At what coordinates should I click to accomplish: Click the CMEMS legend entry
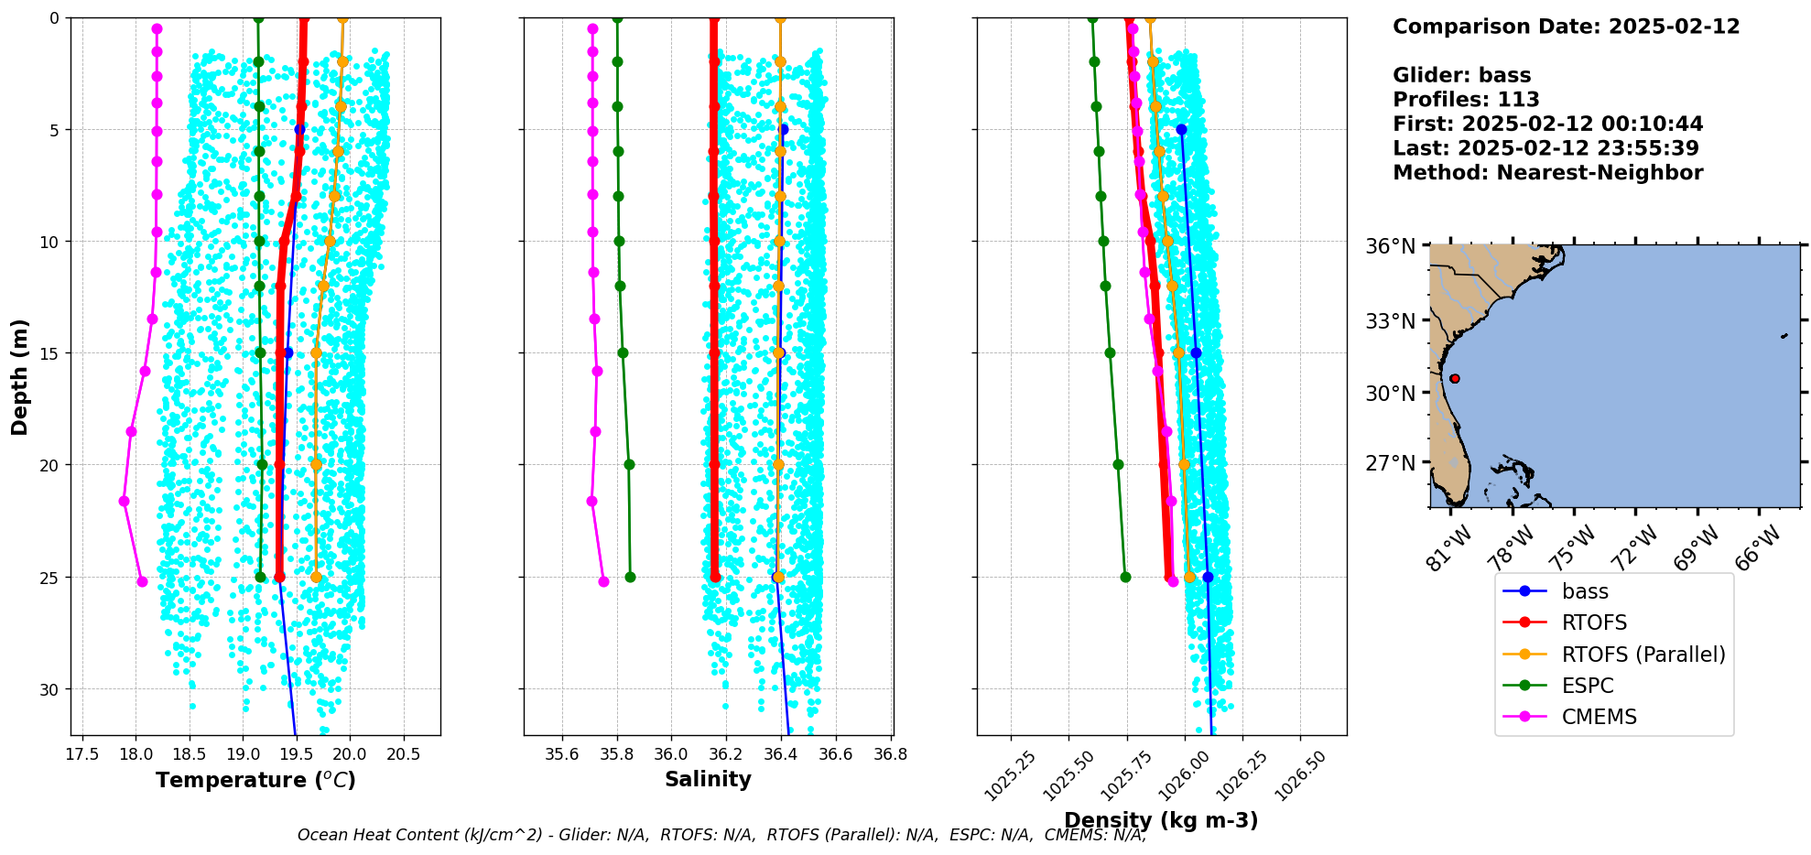tap(1598, 717)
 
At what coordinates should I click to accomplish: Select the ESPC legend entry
tap(1587, 686)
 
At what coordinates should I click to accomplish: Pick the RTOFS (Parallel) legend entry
tap(1643, 655)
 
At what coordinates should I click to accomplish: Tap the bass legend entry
tap(1584, 592)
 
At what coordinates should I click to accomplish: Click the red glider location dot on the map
tap(1455, 378)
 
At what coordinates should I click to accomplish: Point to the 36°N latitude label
tap(1390, 247)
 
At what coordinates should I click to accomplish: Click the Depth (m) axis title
tap(19, 377)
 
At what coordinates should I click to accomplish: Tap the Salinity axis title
tap(708, 779)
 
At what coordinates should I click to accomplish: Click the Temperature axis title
tap(255, 780)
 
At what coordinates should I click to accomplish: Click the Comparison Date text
tap(1566, 27)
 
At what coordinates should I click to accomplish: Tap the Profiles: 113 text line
tap(1466, 100)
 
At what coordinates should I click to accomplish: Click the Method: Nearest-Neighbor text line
tap(1547, 173)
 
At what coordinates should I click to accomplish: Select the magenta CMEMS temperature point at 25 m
tap(142, 581)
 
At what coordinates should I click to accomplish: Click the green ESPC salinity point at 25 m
tap(630, 577)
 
